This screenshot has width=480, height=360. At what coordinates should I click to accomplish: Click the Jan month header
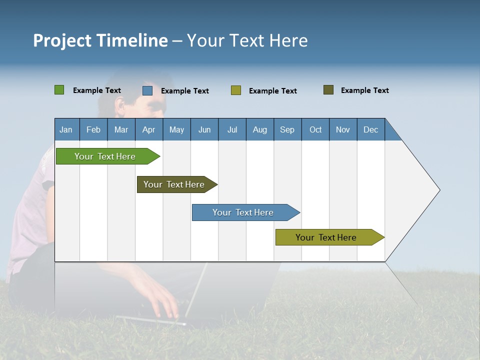(66, 129)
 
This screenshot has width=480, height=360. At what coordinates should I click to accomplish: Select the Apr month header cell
(149, 129)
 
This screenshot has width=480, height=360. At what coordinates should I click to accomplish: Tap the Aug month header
(259, 129)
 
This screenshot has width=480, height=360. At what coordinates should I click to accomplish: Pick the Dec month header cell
(370, 129)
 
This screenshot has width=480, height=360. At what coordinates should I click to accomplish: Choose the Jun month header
(204, 129)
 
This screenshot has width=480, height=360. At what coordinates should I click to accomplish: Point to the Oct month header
(315, 129)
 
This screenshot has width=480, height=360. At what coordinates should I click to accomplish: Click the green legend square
(59, 90)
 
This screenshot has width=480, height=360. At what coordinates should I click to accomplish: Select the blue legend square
(147, 90)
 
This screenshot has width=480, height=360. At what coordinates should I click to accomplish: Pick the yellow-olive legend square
(236, 90)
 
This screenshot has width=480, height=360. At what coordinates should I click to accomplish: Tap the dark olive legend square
(328, 90)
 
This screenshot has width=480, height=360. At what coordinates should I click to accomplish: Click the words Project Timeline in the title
(100, 40)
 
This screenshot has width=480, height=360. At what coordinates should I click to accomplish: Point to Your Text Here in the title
(247, 40)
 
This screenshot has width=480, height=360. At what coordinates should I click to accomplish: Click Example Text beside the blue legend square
(184, 91)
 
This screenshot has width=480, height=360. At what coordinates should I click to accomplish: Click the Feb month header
(93, 129)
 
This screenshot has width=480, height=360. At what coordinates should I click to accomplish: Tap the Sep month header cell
(287, 129)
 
